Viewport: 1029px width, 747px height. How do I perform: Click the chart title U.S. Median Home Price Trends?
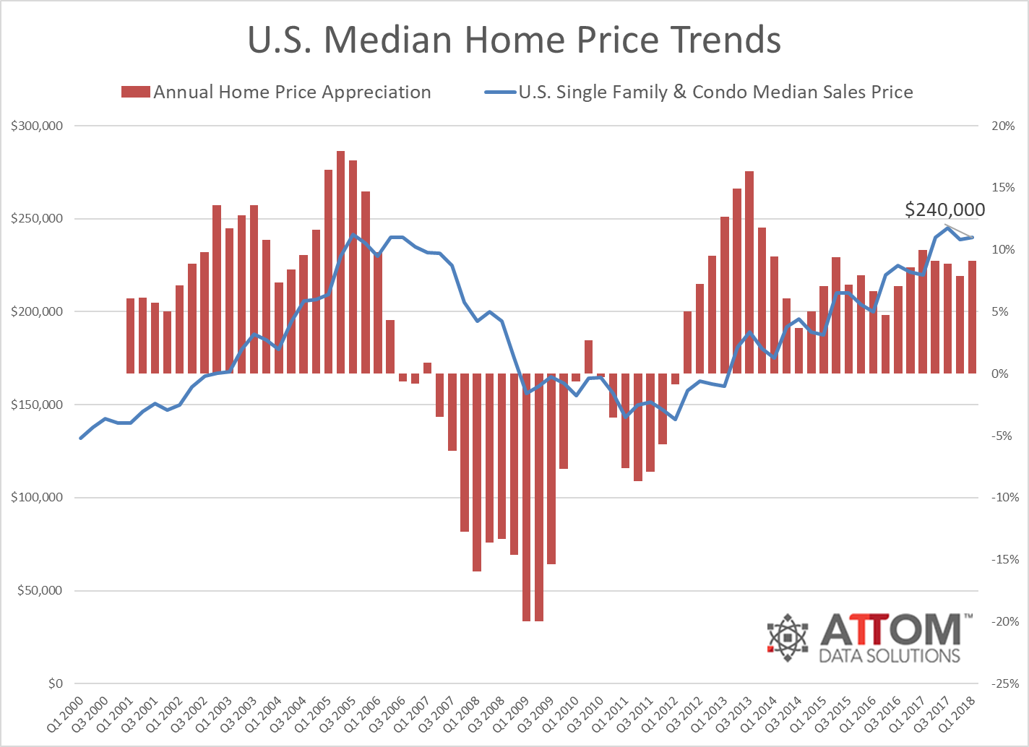(x=514, y=40)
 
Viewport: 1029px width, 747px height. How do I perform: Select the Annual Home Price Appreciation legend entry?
(x=277, y=92)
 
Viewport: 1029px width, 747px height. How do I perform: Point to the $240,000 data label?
(x=944, y=210)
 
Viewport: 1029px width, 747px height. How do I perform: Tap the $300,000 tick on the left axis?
(x=38, y=126)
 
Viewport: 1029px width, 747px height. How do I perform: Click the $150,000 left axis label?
(x=38, y=405)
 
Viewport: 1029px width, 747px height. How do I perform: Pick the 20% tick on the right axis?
(x=1003, y=126)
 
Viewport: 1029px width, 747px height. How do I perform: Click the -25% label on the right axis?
(x=1004, y=683)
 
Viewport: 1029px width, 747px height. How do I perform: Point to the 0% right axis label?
(x=1000, y=373)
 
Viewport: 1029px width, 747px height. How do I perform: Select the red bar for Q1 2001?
(x=131, y=336)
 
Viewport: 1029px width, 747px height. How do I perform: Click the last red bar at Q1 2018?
(x=973, y=317)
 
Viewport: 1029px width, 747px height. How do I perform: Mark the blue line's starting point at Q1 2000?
(x=81, y=438)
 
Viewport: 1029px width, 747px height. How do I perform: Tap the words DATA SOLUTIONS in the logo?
(x=890, y=656)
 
